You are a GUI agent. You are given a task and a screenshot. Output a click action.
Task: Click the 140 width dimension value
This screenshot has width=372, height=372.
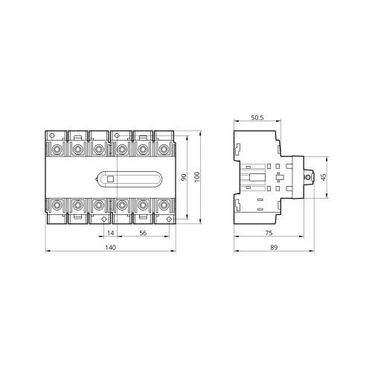(x=110, y=248)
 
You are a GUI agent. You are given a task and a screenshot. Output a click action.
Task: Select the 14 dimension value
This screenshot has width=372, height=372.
(x=110, y=233)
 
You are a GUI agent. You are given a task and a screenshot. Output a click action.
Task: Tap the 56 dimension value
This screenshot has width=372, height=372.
(x=143, y=233)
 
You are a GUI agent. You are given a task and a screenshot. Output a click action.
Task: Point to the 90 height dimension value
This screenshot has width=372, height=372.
(x=184, y=177)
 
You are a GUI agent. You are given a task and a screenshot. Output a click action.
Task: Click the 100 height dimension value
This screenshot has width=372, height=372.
(x=197, y=177)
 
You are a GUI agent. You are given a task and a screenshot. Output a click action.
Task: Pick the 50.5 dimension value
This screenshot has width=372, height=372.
(x=257, y=118)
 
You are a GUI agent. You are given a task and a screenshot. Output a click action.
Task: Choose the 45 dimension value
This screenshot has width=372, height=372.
(x=324, y=177)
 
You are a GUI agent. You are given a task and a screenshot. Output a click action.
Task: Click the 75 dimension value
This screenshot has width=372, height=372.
(x=269, y=233)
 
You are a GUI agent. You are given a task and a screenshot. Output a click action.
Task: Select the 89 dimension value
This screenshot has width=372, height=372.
(x=274, y=248)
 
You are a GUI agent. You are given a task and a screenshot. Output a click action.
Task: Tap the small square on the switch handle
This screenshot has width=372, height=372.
(x=110, y=179)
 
